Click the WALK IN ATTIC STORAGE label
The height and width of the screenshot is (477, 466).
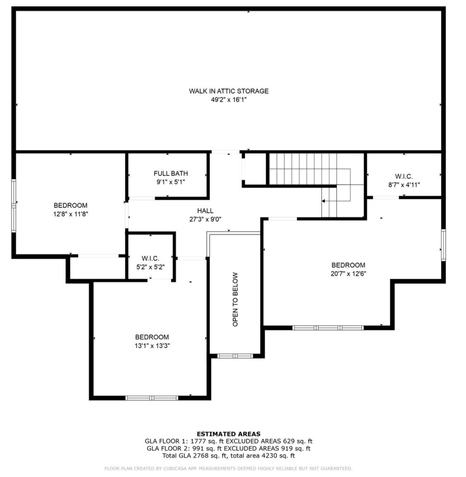click(229, 91)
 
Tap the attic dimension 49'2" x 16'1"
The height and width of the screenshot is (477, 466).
click(229, 99)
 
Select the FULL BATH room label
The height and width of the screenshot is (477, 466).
click(171, 173)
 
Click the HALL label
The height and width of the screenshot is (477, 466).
click(205, 211)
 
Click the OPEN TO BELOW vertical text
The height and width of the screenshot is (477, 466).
click(235, 299)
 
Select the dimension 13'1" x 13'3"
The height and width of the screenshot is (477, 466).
click(152, 346)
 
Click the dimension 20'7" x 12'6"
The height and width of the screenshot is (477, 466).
click(348, 274)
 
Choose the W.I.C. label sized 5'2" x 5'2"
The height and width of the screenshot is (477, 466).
click(150, 259)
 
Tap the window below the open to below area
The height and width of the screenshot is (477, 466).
click(235, 356)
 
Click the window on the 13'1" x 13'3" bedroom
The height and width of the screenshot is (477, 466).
click(152, 398)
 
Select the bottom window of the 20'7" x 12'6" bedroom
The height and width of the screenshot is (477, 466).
click(328, 328)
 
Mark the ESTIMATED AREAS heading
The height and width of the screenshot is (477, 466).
click(229, 434)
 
